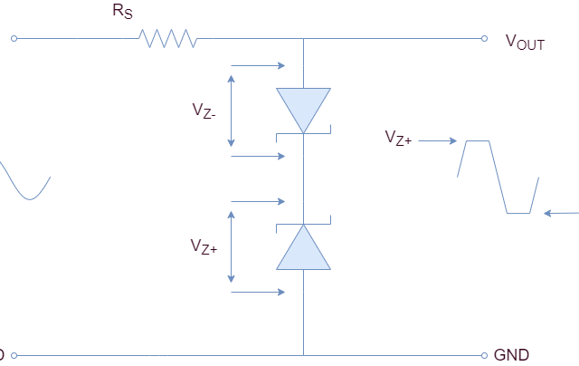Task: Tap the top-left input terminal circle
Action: [14, 39]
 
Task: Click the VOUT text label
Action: [525, 41]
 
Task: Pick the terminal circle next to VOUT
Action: [487, 39]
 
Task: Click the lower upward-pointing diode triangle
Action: [303, 249]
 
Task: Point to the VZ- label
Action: [204, 110]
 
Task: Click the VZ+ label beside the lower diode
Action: [204, 246]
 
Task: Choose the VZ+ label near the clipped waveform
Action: [398, 138]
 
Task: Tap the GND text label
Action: [511, 355]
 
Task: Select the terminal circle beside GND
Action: [487, 355]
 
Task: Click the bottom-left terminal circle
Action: [14, 355]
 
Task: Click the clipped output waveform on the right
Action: [498, 177]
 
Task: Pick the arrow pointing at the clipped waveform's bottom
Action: [561, 214]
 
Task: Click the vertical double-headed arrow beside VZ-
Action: [233, 110]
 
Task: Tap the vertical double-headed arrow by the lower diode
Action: [233, 246]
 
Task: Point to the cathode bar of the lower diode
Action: [303, 223]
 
